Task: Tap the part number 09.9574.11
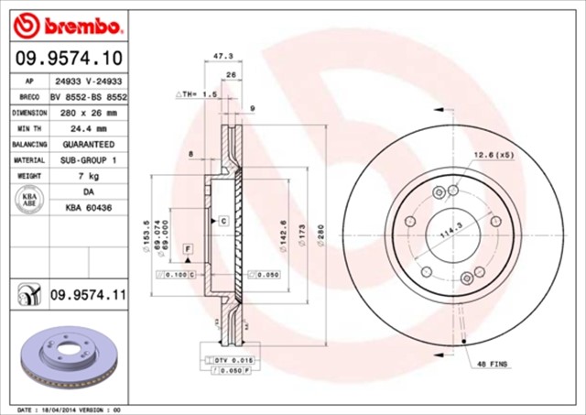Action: pyautogui.click(x=88, y=293)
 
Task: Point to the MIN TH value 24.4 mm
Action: pyautogui.click(x=88, y=128)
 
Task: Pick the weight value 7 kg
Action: pyautogui.click(x=88, y=175)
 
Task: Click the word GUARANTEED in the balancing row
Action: pyautogui.click(x=88, y=144)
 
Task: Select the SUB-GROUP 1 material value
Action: pyautogui.click(x=88, y=159)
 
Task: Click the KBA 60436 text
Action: pyautogui.click(x=88, y=209)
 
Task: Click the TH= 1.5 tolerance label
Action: pyautogui.click(x=196, y=94)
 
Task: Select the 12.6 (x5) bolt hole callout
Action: pyautogui.click(x=494, y=155)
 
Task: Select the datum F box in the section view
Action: pyautogui.click(x=187, y=249)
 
